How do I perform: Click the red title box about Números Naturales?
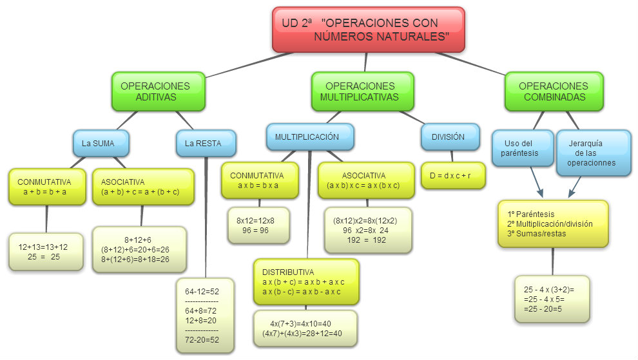coord(368,30)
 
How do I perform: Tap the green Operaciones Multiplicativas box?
coord(359,91)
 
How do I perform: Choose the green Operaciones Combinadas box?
coord(554,91)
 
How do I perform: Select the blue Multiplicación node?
coord(310,137)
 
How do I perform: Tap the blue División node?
coord(450,137)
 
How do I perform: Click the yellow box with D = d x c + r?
coord(453,175)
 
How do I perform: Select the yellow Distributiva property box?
coord(305,282)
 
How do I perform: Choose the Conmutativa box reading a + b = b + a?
coord(46,187)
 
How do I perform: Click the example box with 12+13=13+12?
coord(46,251)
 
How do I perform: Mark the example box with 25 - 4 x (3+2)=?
coord(552,299)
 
